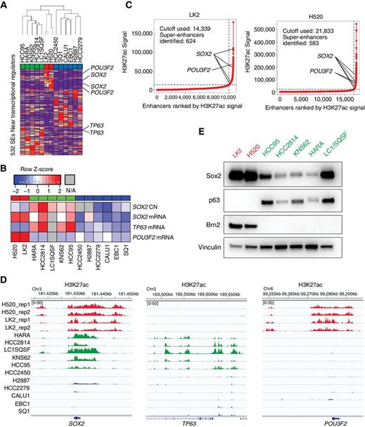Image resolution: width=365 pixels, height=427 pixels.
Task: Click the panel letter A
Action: tap(5, 5)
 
